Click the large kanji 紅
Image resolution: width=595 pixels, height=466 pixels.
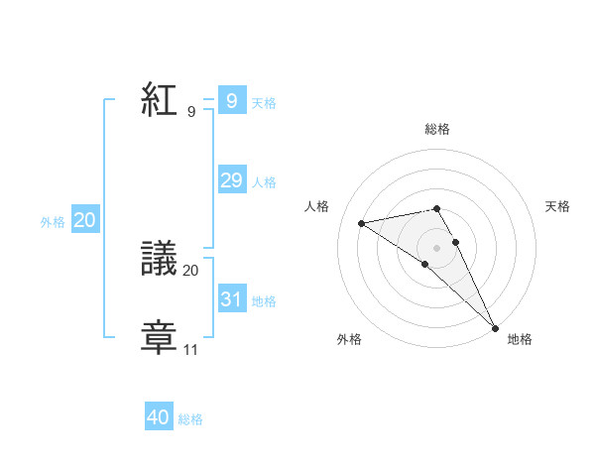tap(159, 99)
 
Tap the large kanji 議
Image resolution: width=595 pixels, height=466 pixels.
tap(159, 260)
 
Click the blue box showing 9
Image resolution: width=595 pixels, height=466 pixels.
tap(231, 100)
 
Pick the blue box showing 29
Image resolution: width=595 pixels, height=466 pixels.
tap(231, 180)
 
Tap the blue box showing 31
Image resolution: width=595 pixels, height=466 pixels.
tap(231, 298)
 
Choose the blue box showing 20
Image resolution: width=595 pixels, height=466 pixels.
tap(84, 220)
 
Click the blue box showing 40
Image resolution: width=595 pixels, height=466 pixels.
tap(159, 417)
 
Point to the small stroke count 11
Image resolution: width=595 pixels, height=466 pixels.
tap(190, 350)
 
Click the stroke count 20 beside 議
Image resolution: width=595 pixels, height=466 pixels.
tap(191, 270)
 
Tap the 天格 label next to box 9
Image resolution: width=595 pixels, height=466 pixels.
tap(264, 103)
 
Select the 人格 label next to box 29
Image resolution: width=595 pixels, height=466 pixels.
tap(264, 182)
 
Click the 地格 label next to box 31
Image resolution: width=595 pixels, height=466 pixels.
tap(264, 301)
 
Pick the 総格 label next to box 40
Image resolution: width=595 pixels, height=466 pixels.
tap(190, 420)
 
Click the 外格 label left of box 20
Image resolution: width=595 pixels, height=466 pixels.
tap(53, 223)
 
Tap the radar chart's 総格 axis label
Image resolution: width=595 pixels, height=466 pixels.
tap(437, 129)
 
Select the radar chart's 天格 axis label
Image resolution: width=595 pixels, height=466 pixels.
tap(558, 206)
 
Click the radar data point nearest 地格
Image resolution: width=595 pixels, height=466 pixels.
tap(496, 327)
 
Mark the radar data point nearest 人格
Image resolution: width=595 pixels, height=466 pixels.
tap(362, 222)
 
